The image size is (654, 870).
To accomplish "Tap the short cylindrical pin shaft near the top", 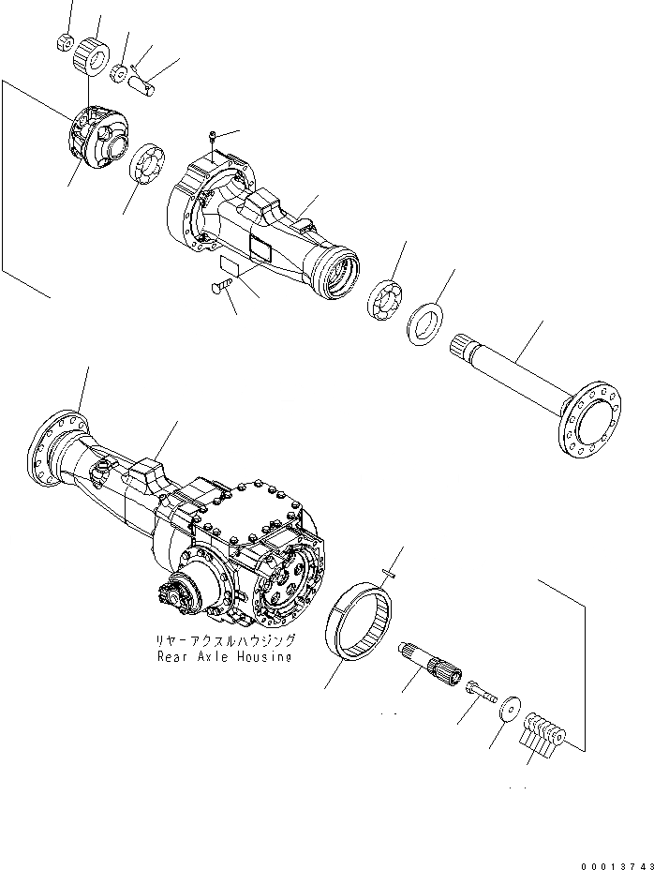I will click(144, 85).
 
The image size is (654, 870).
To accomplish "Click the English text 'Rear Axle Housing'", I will click(225, 657).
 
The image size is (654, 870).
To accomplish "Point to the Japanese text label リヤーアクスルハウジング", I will click(226, 640).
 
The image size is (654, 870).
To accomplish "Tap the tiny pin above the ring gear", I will click(391, 575).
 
